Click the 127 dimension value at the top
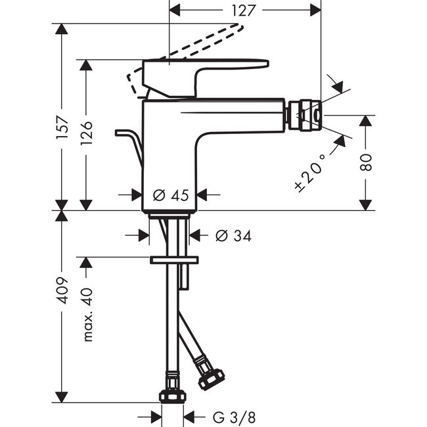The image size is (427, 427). [x=243, y=11]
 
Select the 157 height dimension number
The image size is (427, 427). [x=62, y=127]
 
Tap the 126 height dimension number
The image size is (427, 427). [x=86, y=133]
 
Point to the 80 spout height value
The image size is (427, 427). [x=365, y=162]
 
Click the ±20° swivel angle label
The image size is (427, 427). [x=311, y=173]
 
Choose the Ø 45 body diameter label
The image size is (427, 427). [x=171, y=195]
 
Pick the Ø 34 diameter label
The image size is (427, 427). [x=233, y=236]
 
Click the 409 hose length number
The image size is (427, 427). [x=62, y=290]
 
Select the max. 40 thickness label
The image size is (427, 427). [x=87, y=315]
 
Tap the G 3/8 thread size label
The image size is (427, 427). [x=234, y=417]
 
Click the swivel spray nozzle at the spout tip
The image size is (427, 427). [x=305, y=115]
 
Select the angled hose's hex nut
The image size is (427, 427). [x=211, y=379]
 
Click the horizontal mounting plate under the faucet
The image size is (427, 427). [x=174, y=260]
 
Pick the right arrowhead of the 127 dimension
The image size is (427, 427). [x=315, y=11]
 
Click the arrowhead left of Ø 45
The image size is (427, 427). [x=137, y=195]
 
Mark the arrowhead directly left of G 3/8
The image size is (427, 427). [x=156, y=417]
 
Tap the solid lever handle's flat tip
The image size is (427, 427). [x=267, y=64]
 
